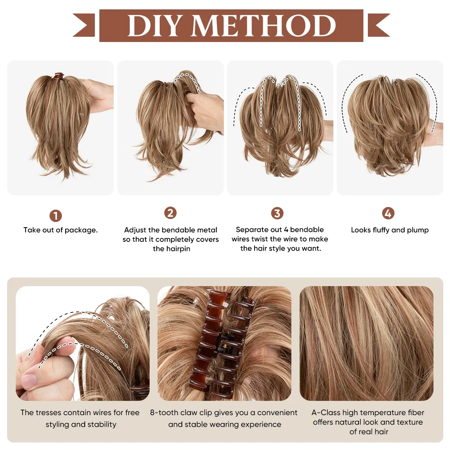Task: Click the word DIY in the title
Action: (154, 26)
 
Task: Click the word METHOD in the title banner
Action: (264, 26)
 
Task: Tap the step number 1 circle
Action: (55, 216)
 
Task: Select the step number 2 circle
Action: (170, 213)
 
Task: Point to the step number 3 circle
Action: (277, 213)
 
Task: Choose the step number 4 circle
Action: (388, 213)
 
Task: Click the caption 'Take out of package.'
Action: (60, 230)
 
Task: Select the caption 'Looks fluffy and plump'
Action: (390, 230)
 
